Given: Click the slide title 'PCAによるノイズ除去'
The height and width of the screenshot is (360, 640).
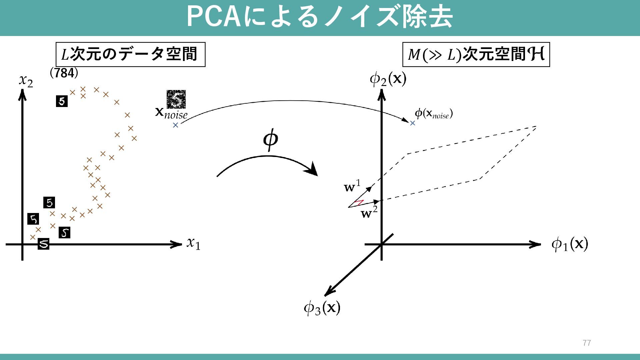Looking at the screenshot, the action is click(x=319, y=17).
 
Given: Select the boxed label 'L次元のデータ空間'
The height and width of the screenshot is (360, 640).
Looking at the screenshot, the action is click(x=130, y=54).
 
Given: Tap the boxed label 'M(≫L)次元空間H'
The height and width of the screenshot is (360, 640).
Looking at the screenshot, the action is click(x=476, y=54).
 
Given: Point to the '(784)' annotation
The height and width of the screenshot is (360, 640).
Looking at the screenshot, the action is click(x=64, y=73).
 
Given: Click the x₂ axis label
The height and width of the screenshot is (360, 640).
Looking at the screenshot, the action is click(x=26, y=80).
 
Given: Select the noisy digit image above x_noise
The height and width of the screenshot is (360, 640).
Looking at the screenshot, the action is click(x=176, y=99).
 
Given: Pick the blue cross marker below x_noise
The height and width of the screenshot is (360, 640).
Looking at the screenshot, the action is click(x=176, y=125).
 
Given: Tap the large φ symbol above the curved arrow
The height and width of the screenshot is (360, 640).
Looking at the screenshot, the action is click(x=270, y=140).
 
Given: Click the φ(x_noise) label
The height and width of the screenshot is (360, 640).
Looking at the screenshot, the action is click(x=433, y=114).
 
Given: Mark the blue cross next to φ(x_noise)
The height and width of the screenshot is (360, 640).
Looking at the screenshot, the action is click(x=413, y=123).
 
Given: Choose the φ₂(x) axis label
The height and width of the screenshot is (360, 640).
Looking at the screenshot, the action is click(x=388, y=79).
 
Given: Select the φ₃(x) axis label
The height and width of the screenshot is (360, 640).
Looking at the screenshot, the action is click(x=322, y=308).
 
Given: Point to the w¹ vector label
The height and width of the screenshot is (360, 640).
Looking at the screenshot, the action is click(x=352, y=186).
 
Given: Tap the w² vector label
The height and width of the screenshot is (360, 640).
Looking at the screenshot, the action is click(x=369, y=212).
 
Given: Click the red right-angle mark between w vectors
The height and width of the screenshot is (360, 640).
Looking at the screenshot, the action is click(x=359, y=203).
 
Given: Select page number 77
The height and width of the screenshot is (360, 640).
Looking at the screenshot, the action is click(x=587, y=343).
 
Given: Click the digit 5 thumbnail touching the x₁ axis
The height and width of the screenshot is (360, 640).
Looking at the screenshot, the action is click(x=43, y=244).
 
